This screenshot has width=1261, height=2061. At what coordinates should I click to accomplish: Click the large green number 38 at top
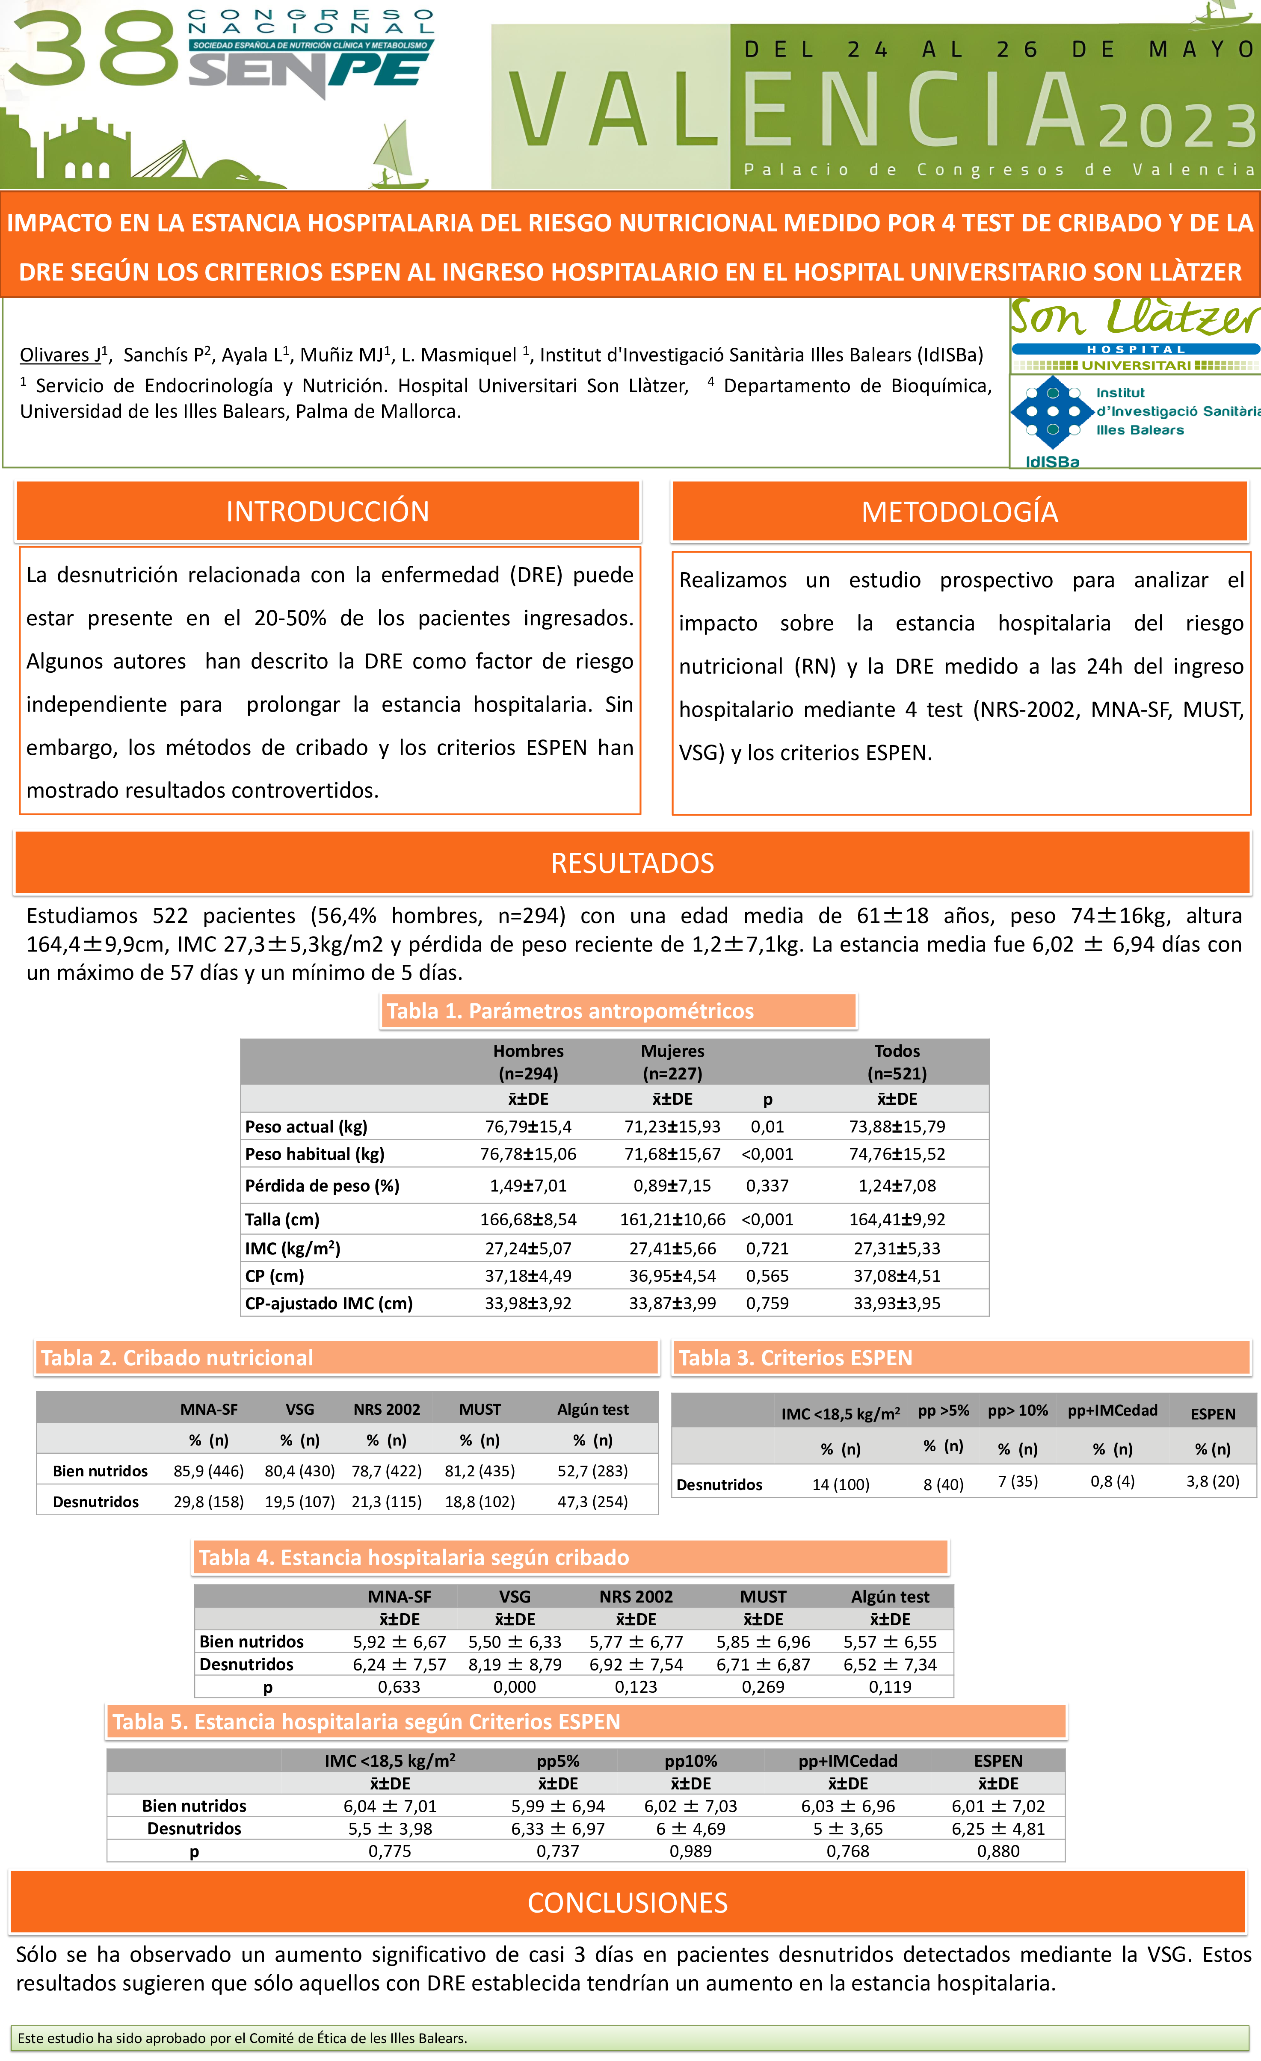tap(94, 48)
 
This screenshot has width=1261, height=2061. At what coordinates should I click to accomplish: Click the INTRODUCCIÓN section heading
tap(327, 511)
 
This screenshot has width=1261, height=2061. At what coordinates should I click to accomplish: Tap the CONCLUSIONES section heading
tap(628, 1903)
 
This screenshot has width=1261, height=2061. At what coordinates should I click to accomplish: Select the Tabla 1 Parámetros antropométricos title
tap(570, 1011)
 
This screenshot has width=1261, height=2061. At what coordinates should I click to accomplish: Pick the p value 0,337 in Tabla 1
tap(767, 1185)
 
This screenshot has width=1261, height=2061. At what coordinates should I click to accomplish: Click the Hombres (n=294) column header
tap(528, 1062)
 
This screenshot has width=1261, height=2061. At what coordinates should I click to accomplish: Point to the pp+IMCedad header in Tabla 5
tap(848, 1761)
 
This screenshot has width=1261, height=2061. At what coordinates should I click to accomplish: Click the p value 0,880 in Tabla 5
tap(998, 1851)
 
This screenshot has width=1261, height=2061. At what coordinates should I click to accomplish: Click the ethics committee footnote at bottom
tap(243, 2037)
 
